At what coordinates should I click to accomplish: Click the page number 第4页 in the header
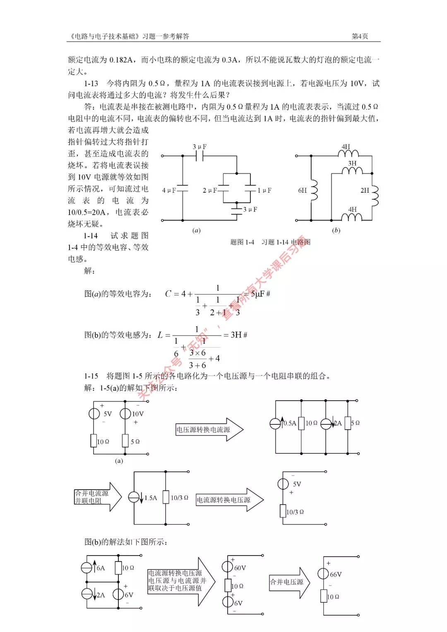click(360, 36)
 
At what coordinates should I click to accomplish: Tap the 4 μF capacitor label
click(169, 190)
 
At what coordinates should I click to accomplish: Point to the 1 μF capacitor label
click(264, 190)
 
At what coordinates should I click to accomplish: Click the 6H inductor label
click(303, 190)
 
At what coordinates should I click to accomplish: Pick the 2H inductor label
click(365, 190)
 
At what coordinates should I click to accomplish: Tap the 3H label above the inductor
click(352, 163)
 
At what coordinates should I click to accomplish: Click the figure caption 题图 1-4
click(242, 242)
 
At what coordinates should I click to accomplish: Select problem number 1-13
click(91, 84)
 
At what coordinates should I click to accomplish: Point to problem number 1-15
click(91, 376)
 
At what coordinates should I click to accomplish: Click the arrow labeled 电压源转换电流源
click(209, 430)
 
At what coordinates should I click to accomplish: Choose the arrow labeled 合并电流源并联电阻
click(98, 497)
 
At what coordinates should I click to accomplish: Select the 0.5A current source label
click(290, 423)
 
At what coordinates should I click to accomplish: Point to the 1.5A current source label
click(151, 498)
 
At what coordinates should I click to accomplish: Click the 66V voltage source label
click(336, 575)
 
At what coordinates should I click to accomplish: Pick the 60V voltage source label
click(240, 568)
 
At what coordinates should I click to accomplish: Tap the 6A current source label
click(101, 568)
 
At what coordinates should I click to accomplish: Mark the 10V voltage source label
click(138, 414)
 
